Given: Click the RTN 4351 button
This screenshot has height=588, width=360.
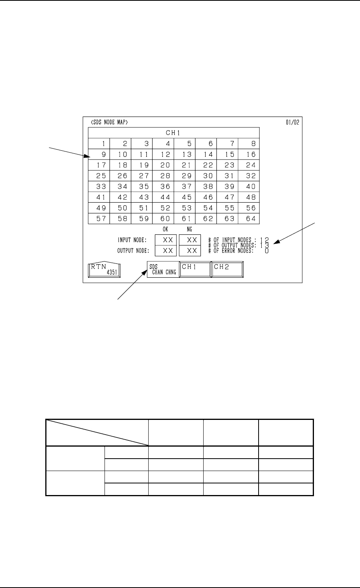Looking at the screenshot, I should (x=104, y=269).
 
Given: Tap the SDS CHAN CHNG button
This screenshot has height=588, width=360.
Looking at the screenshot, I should (x=163, y=269).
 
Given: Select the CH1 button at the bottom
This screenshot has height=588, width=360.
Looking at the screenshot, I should (x=195, y=269).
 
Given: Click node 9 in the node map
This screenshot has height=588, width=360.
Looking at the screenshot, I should (x=99, y=154).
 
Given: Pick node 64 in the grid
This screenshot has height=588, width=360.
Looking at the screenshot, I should (x=249, y=218).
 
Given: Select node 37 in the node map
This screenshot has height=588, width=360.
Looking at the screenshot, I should (x=185, y=186).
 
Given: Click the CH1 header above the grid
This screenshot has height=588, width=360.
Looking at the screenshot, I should (x=173, y=132).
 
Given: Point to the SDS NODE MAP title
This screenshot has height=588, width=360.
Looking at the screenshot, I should (x=106, y=122).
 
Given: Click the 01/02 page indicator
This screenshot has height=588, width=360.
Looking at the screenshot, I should (x=292, y=122).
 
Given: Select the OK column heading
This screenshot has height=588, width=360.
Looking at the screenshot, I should (x=165, y=230).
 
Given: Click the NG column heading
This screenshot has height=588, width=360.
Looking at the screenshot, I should (x=190, y=230).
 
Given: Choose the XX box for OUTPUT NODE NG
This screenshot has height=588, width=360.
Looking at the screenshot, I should (x=190, y=251).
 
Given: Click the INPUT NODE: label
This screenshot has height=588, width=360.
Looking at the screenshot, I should (x=132, y=240).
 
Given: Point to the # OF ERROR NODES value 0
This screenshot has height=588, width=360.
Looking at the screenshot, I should (x=267, y=251).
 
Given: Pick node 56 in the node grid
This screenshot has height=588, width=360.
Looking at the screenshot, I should (x=249, y=208).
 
